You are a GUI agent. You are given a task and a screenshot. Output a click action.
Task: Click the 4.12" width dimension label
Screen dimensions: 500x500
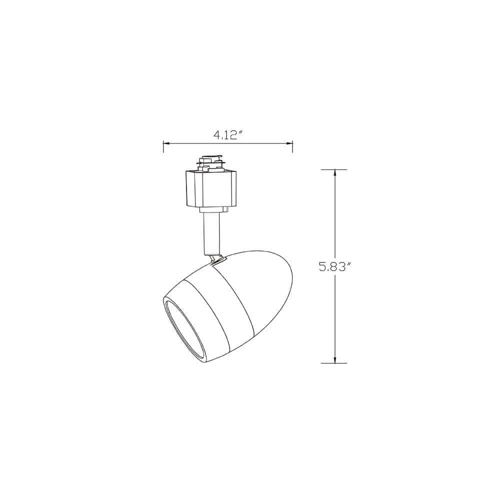228,134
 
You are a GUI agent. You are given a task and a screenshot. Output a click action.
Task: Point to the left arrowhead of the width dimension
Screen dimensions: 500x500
166,144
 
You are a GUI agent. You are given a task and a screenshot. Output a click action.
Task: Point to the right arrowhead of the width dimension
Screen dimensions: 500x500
290,144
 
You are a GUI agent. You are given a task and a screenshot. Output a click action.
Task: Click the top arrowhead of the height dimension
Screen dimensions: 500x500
334,173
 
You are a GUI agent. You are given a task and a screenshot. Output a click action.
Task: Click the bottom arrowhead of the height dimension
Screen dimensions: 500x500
334,359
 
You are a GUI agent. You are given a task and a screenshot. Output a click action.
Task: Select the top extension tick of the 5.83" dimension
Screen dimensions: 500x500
334,169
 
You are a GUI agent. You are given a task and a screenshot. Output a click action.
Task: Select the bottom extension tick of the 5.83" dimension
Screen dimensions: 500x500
334,363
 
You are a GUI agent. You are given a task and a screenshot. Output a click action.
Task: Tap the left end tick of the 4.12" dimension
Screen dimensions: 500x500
163,146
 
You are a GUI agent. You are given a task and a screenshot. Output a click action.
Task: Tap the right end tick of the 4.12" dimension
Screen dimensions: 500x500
292,146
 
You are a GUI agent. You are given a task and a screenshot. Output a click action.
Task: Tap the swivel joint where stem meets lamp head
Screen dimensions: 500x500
216,257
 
